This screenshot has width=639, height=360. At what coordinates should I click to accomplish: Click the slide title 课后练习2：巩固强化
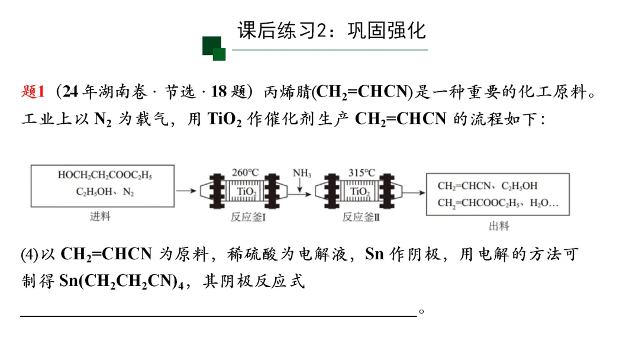coord(331,31)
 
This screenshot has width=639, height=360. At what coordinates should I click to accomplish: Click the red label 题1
coord(33,92)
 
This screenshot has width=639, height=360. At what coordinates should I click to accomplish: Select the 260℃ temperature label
coord(246,173)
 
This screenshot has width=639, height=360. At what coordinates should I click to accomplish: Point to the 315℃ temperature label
coord(362,173)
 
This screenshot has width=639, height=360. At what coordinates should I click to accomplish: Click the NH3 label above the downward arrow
coord(302,173)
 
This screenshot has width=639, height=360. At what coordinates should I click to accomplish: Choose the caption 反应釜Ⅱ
coord(360,217)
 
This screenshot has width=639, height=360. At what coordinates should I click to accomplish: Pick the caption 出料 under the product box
coord(498,226)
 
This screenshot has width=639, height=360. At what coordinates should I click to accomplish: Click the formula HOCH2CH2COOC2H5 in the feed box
coord(105,175)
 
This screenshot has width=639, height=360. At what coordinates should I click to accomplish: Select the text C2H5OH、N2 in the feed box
coord(105,192)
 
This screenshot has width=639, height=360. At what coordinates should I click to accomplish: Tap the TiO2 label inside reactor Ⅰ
coord(246,191)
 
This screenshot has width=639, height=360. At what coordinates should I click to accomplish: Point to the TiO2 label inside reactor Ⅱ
coord(360,191)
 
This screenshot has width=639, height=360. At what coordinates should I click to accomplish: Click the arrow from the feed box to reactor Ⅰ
coord(186,191)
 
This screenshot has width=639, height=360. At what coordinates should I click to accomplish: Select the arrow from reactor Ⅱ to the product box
coord(415,191)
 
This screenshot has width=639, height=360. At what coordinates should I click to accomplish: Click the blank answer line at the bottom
coord(219,316)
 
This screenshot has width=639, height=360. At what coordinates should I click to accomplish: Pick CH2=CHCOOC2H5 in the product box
coord(480,203)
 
